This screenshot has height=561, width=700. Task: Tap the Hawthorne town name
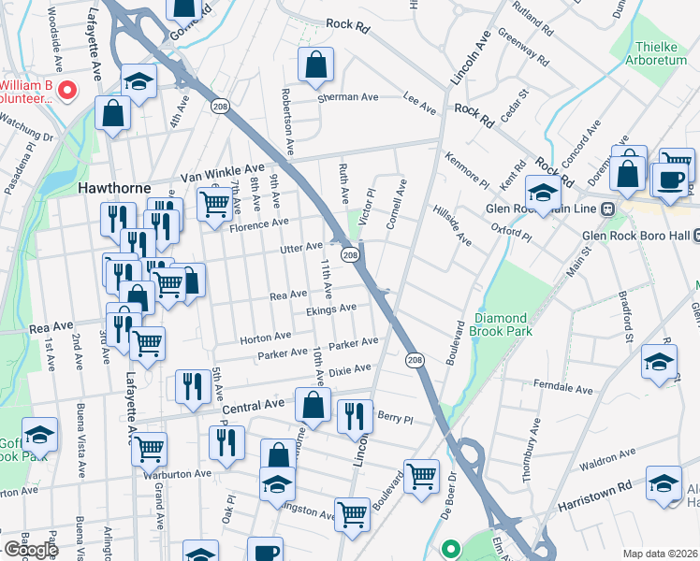pos(114,188)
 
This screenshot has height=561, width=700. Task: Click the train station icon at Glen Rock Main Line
pos(607,209)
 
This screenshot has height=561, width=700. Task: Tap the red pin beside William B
pos(66,91)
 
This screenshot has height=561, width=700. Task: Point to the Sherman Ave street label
pos(347,97)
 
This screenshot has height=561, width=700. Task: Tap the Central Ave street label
pos(253,406)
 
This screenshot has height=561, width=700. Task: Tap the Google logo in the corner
pos(30,550)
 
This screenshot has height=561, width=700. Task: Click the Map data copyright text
pos(661,554)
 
